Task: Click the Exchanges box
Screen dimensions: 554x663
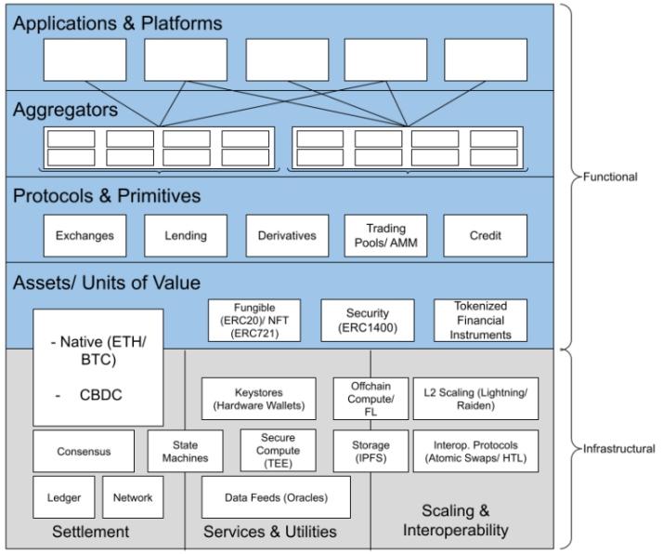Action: coord(84,235)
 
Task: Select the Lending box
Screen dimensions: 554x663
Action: coord(186,235)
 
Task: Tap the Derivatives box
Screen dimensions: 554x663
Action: coord(287,235)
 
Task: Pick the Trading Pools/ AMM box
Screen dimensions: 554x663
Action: coord(386,235)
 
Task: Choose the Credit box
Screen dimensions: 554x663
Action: coord(485,235)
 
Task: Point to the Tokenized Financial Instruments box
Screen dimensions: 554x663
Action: coord(480,321)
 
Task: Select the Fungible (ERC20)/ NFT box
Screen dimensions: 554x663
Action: coord(253,321)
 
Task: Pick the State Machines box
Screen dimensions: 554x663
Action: coord(185,451)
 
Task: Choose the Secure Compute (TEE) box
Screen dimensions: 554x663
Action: coord(278,451)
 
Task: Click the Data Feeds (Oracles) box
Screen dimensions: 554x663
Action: coord(276,497)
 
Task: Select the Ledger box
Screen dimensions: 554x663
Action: coord(63,497)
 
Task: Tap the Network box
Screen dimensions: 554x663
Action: coord(134,497)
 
